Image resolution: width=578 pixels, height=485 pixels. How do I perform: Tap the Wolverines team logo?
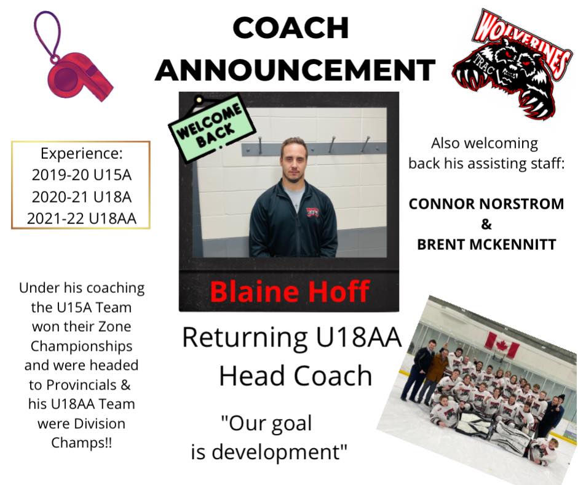[512, 63]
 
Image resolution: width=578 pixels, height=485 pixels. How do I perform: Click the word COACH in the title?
[291, 28]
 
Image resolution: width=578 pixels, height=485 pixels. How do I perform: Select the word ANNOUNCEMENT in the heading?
[295, 70]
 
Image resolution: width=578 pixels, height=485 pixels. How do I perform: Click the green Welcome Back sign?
[212, 127]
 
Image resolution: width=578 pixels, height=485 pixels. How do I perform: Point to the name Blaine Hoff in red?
[290, 292]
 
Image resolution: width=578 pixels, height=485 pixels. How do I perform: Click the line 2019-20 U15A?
[81, 175]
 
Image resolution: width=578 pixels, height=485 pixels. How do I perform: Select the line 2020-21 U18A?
[81, 197]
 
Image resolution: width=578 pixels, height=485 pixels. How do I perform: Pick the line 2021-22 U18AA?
[81, 218]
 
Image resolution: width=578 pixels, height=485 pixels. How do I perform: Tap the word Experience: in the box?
[81, 153]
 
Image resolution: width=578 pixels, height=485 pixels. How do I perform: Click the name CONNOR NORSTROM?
[486, 204]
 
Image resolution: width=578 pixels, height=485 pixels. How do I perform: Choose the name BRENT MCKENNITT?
[486, 244]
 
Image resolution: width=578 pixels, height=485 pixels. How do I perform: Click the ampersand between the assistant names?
[486, 224]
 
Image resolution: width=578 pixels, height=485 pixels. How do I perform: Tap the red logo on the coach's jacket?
[312, 212]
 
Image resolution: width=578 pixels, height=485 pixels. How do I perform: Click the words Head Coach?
[295, 375]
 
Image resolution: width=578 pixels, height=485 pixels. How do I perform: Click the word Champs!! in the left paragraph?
[81, 442]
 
